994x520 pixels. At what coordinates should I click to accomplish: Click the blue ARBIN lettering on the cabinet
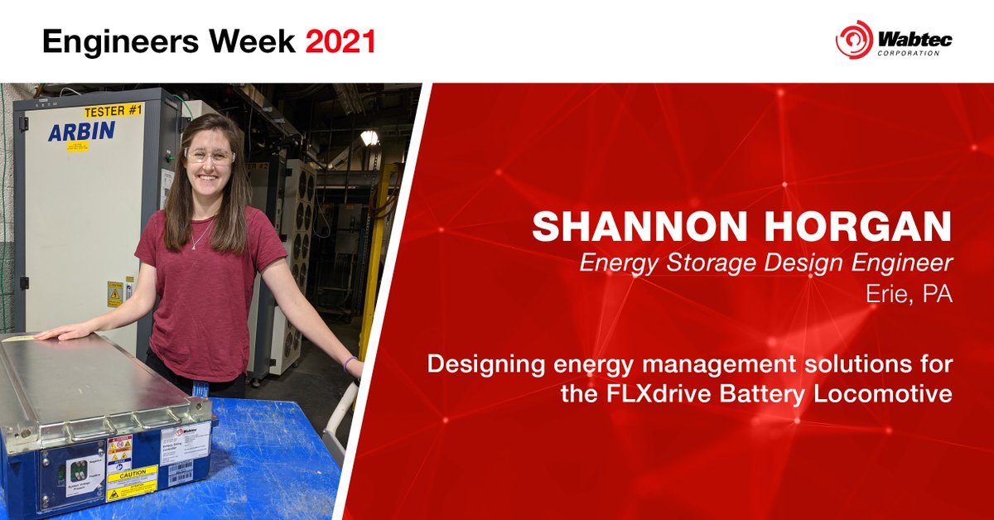pos(81,131)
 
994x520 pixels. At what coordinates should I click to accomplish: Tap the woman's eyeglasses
pos(209,156)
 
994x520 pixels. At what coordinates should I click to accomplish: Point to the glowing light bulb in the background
pos(369,137)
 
